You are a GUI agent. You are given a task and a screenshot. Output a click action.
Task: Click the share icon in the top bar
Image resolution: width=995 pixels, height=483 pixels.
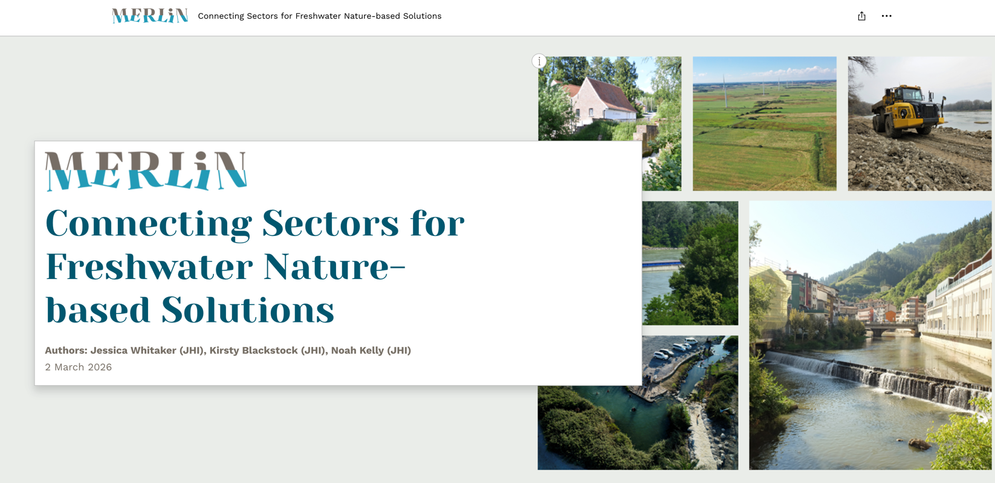pyautogui.click(x=862, y=16)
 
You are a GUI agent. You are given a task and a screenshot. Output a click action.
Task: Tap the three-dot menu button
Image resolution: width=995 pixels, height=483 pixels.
pyautogui.click(x=887, y=16)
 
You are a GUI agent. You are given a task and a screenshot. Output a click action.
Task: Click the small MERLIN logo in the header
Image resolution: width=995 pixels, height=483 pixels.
pyautogui.click(x=150, y=16)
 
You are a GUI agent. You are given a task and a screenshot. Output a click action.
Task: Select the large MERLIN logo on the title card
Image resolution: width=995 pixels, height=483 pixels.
pyautogui.click(x=146, y=171)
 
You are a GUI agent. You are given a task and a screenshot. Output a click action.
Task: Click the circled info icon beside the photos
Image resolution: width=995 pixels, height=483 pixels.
pyautogui.click(x=539, y=61)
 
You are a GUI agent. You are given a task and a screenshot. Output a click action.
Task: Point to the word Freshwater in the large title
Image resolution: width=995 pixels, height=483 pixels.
pyautogui.click(x=149, y=267)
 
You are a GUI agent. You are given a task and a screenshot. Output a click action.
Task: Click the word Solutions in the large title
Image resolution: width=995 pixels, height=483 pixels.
pyautogui.click(x=247, y=310)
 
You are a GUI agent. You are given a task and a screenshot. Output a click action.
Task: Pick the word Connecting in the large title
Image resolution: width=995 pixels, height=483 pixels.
pyautogui.click(x=149, y=224)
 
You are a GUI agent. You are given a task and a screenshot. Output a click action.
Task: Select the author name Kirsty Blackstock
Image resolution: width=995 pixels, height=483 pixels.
pyautogui.click(x=254, y=350)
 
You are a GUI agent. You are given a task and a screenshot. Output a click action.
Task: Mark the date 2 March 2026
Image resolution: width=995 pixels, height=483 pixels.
pyautogui.click(x=78, y=367)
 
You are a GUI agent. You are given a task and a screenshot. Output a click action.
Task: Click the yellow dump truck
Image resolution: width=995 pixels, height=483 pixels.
pyautogui.click(x=907, y=110)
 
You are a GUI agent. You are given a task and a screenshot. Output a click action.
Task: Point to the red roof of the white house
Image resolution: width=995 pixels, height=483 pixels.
pyautogui.click(x=612, y=94)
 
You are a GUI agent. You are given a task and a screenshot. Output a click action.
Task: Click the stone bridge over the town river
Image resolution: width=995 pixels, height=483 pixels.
pyautogui.click(x=890, y=328)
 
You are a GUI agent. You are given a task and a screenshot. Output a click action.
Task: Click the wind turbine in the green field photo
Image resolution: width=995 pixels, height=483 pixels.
pyautogui.click(x=725, y=91)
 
